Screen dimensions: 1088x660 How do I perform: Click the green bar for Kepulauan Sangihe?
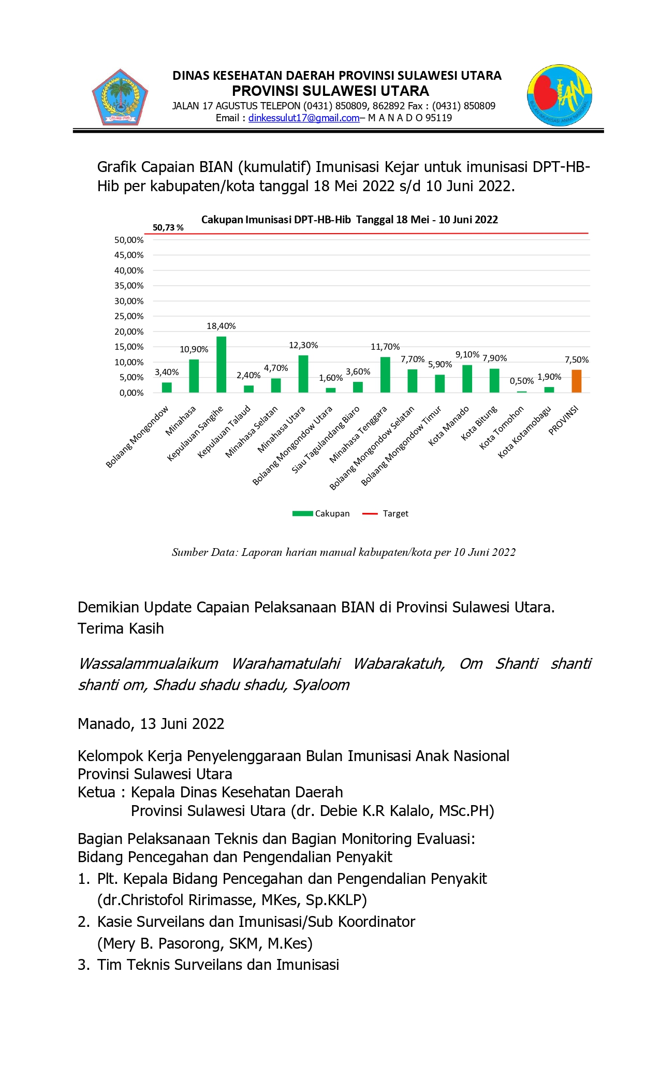click(221, 365)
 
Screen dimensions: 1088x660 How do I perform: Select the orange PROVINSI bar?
click(576, 381)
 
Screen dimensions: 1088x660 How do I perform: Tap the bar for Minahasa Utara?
click(303, 374)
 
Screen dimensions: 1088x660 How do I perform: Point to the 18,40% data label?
click(221, 326)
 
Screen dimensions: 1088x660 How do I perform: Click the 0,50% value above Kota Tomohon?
click(521, 381)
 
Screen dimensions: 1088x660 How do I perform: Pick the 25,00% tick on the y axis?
click(129, 317)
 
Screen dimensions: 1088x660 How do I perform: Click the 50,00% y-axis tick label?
click(129, 240)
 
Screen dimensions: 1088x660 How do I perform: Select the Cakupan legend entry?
click(321, 514)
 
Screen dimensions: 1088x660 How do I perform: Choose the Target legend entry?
click(386, 514)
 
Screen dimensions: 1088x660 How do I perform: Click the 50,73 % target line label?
click(168, 228)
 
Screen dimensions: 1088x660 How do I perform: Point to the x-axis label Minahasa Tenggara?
click(358, 435)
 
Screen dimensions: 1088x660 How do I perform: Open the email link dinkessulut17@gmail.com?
click(304, 118)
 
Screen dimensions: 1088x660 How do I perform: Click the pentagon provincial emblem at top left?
click(120, 98)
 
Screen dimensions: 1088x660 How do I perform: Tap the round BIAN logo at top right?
click(560, 95)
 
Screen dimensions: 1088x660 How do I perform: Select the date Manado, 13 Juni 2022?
click(151, 724)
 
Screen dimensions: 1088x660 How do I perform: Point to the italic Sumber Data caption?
click(344, 553)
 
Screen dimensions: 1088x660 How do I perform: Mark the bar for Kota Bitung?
click(494, 381)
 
